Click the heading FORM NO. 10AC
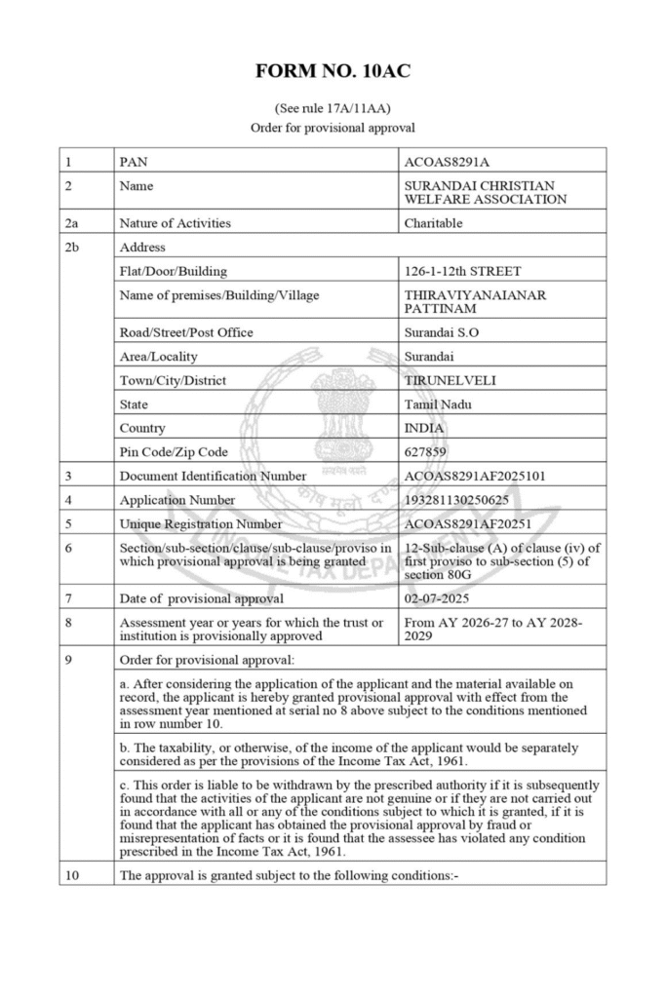[333, 71]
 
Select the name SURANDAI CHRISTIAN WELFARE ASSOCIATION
[485, 192]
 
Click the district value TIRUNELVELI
[450, 380]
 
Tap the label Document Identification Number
[213, 477]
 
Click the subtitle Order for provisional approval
[333, 128]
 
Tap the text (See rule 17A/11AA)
[333, 108]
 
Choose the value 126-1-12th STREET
[462, 271]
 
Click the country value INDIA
[423, 428]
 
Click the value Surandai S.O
[441, 332]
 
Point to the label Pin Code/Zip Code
[173, 452]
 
